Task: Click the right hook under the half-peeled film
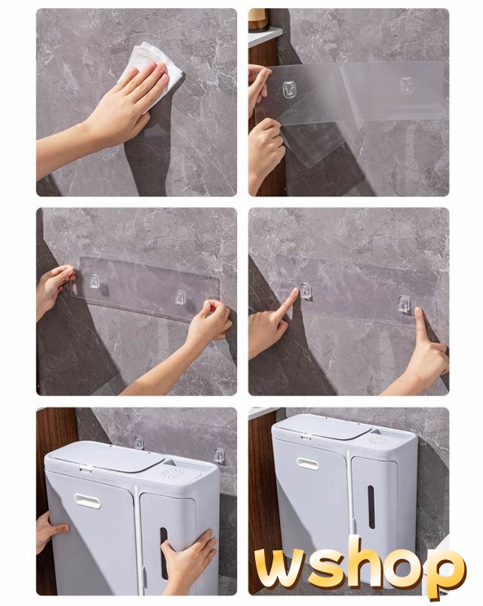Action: click(x=406, y=85)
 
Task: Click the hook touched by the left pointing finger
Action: click(x=306, y=290)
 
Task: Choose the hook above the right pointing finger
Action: click(x=405, y=305)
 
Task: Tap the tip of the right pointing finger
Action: click(x=418, y=310)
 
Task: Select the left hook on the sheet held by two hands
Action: click(x=94, y=281)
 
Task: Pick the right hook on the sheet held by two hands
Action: click(x=180, y=297)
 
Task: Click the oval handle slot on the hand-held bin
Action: click(x=88, y=500)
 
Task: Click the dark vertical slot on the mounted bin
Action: click(x=371, y=507)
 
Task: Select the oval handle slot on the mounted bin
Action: click(x=308, y=462)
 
